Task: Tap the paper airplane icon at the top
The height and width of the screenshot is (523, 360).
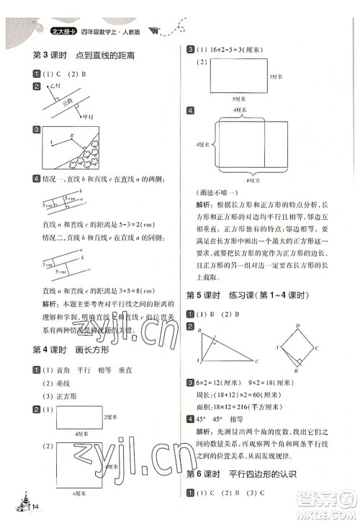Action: (153, 30)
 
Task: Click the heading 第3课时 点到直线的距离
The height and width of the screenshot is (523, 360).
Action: (85, 55)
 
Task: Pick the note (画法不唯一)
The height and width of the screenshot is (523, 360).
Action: (216, 193)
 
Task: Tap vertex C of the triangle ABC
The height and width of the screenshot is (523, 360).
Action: (256, 361)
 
